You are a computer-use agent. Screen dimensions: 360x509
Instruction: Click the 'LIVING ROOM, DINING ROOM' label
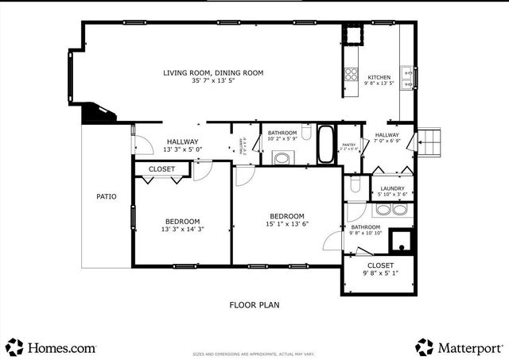click(x=213, y=73)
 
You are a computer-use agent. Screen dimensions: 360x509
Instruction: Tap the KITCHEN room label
click(x=379, y=77)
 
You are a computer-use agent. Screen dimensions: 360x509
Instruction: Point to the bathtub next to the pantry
click(x=326, y=144)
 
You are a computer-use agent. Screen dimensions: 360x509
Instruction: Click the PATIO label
click(x=107, y=196)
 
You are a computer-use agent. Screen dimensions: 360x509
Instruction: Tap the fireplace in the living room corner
click(x=99, y=113)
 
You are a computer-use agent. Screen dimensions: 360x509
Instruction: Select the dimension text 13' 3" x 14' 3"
click(x=182, y=230)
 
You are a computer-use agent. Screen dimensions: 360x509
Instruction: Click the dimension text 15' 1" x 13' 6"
click(x=286, y=224)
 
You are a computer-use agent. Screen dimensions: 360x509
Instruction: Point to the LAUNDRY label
click(x=392, y=188)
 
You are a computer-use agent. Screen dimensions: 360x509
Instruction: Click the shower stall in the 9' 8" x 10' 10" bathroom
click(x=402, y=240)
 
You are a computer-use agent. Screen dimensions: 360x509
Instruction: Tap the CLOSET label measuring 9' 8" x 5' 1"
click(x=380, y=265)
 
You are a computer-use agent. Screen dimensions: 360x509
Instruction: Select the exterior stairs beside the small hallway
click(x=428, y=141)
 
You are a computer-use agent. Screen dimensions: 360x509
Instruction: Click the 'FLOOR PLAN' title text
click(x=254, y=304)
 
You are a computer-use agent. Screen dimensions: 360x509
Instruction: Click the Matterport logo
click(x=459, y=347)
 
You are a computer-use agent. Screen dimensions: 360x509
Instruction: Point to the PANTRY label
click(x=348, y=145)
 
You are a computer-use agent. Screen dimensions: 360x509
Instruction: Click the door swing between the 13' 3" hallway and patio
click(x=141, y=145)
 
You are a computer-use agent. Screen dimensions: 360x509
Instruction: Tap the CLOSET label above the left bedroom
click(x=161, y=169)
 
